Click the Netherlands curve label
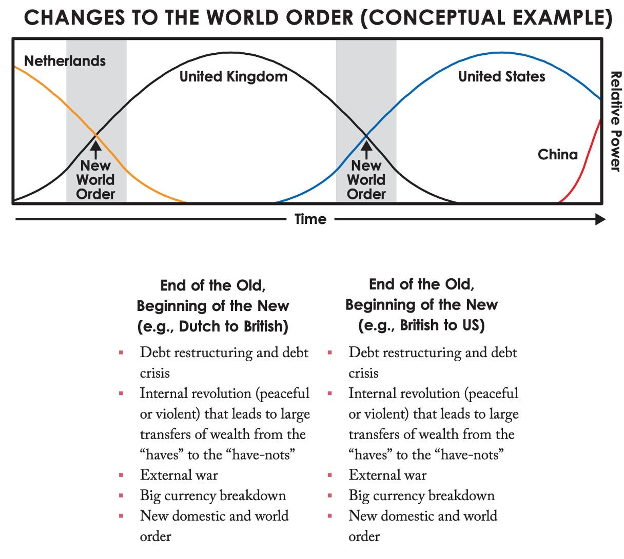65,61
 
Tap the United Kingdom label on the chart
233,77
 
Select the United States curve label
501,77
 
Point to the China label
557,154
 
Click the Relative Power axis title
615,121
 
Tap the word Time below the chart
310,219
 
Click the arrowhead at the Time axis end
600,219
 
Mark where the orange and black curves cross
95,135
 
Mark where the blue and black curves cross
366,135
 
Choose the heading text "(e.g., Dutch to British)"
212,326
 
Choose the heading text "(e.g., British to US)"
421,325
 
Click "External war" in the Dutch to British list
179,475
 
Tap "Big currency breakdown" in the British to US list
421,495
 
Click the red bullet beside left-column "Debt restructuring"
121,353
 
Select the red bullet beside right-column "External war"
329,475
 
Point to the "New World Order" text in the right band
366,180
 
